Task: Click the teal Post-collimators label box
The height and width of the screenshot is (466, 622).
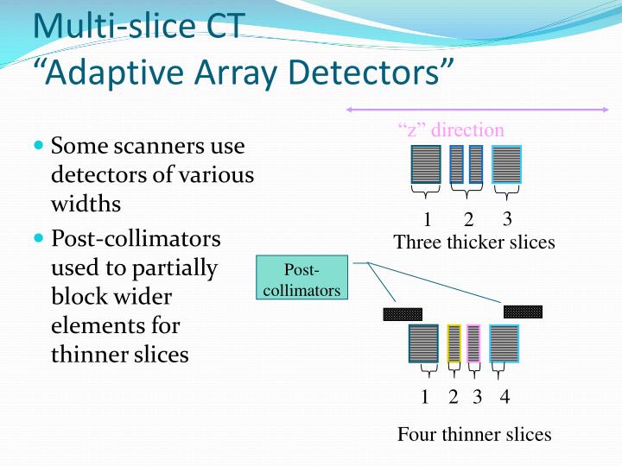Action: point(301,277)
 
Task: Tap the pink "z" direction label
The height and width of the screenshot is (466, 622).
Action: point(451,130)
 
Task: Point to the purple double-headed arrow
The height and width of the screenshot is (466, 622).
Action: point(477,110)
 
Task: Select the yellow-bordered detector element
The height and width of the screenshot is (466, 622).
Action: point(454,343)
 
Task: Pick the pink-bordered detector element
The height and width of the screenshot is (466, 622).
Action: point(473,343)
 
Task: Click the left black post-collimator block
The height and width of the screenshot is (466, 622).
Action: point(403,314)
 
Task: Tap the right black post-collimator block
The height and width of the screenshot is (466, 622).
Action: point(523,312)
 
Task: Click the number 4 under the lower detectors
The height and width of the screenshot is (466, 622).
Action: point(505,397)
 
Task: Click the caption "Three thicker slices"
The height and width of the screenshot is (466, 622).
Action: point(474,242)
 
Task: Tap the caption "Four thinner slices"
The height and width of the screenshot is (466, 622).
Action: point(474,434)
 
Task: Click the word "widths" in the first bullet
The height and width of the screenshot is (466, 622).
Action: point(86,205)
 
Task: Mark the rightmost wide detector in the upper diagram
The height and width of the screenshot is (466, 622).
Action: point(506,164)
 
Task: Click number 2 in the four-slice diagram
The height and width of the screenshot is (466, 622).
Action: point(454,397)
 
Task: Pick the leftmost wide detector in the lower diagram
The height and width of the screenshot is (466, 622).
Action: point(423,343)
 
